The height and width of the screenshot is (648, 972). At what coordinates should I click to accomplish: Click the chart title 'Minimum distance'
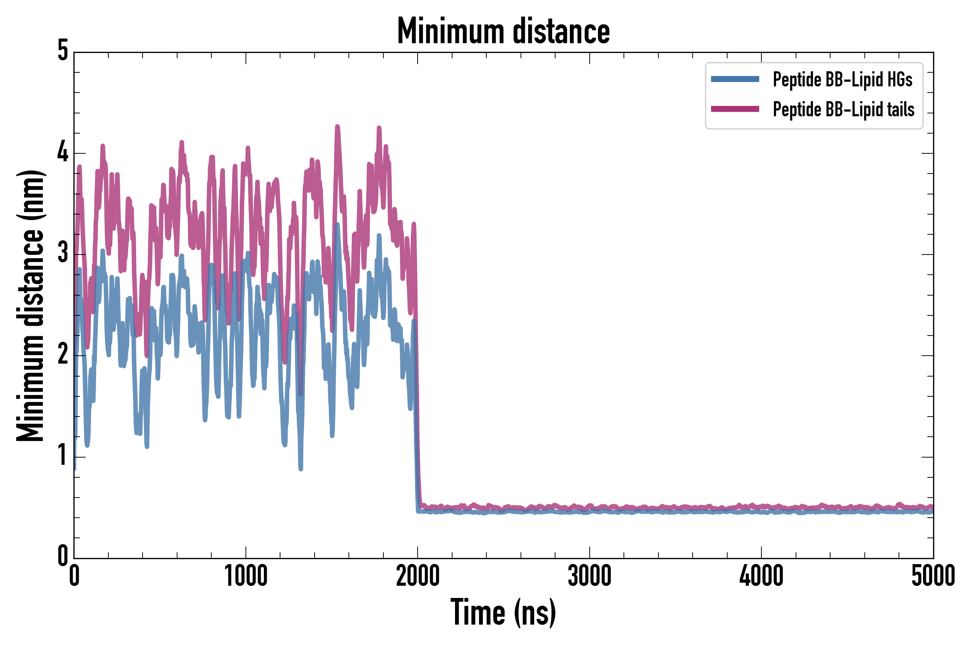pos(503,31)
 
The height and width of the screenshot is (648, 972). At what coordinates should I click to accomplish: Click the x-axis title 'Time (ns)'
pos(503,612)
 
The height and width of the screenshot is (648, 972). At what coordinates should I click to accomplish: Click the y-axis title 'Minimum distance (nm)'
pos(30,306)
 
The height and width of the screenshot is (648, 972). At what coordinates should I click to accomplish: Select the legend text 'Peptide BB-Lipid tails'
pos(843,109)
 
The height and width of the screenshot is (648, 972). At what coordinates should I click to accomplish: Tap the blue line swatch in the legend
pos(735,79)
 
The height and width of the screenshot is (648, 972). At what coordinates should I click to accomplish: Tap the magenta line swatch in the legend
pos(735,109)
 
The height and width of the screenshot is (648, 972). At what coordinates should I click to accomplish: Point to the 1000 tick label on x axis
pos(246,576)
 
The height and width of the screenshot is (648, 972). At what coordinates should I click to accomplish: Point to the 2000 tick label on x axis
pos(417,576)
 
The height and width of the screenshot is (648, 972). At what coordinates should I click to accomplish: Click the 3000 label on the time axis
pos(589,576)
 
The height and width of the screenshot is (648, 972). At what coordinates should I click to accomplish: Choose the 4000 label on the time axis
pos(761,576)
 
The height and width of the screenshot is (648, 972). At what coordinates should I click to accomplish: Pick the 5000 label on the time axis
pos(933,576)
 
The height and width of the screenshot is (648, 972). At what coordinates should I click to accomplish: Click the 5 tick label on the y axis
pos(63,51)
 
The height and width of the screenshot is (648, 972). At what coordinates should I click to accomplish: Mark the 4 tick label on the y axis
pos(63,153)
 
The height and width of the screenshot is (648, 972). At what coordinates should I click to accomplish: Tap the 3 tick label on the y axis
pos(63,254)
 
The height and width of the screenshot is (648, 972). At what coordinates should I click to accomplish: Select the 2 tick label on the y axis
pos(63,355)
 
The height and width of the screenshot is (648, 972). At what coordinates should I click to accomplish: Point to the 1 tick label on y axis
pos(63,456)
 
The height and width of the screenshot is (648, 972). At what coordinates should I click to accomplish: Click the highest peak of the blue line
pos(338,225)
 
